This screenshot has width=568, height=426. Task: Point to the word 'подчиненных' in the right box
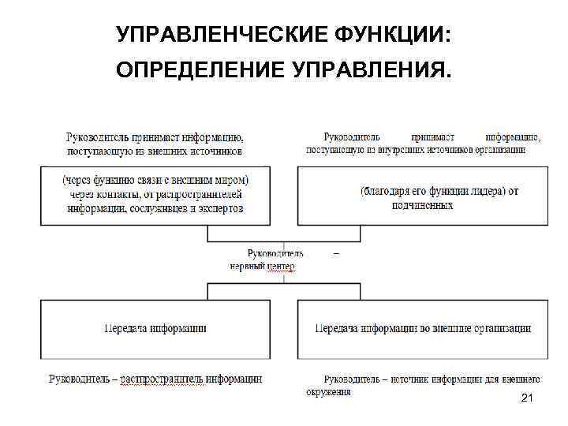pos(423,205)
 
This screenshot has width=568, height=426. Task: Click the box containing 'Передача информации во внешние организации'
pos(422,328)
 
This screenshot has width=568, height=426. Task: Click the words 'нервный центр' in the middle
pos(262,267)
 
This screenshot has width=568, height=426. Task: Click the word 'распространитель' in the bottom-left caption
pos(164,379)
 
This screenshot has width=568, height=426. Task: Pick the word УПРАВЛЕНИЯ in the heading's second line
pos(371,73)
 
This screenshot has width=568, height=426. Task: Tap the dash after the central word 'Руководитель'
pos(337,253)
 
